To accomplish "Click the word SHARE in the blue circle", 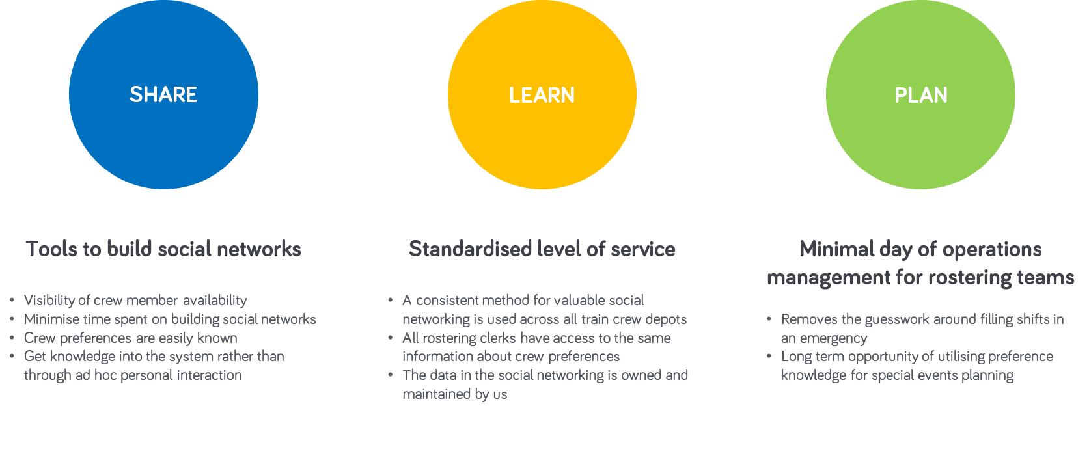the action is click(163, 95).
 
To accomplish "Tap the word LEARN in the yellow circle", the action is click(542, 95).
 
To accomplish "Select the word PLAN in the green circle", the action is click(921, 95).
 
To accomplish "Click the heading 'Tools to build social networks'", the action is click(163, 249).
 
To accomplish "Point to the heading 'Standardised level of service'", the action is click(542, 249).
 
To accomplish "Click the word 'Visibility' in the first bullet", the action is click(51, 301).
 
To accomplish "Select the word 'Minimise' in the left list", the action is click(51, 319).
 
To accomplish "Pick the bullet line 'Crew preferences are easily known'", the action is click(131, 338).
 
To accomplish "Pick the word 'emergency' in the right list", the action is click(833, 338).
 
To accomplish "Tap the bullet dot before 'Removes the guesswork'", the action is click(769, 319).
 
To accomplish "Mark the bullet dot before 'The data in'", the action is click(391, 375).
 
